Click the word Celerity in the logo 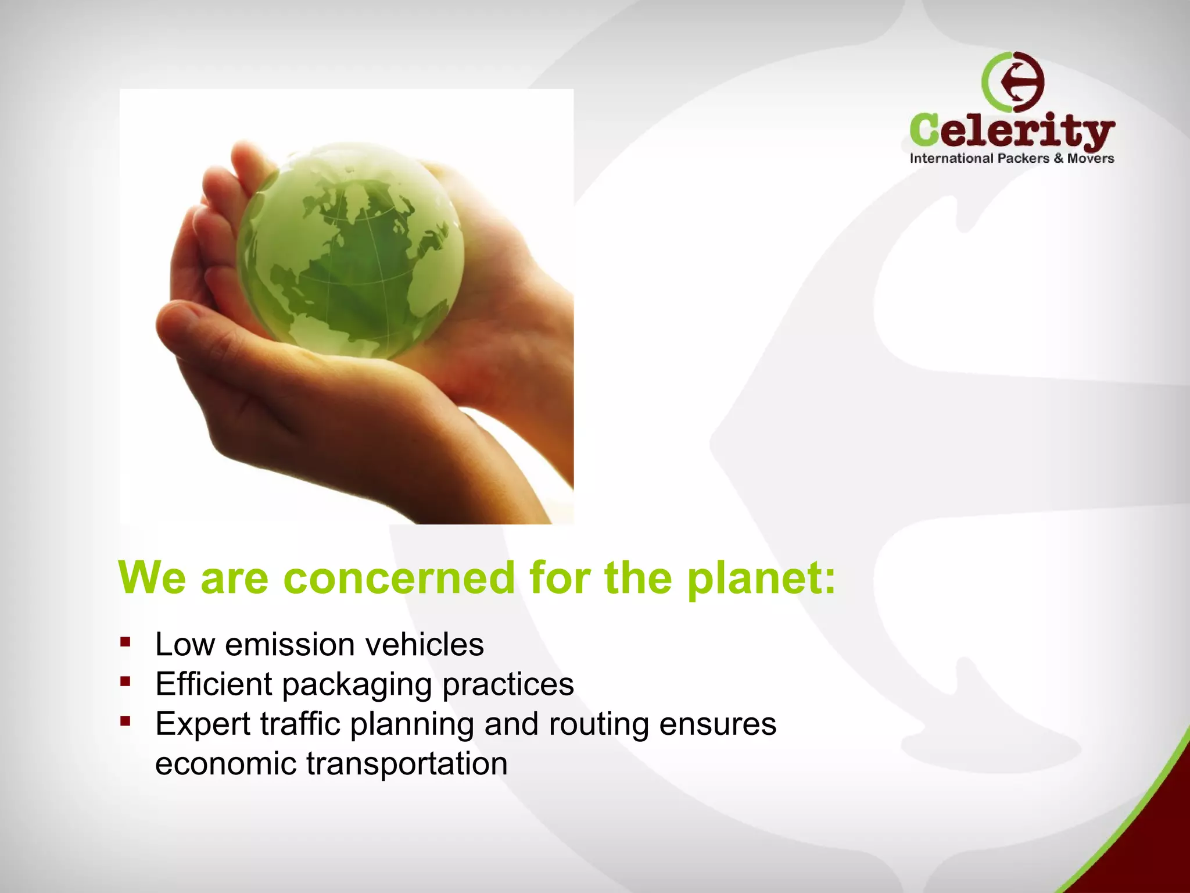click(1012, 130)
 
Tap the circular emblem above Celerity click(1013, 82)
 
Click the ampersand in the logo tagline click(1058, 158)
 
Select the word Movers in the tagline click(1091, 158)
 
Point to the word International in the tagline click(951, 158)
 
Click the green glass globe click(350, 250)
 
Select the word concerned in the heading click(399, 578)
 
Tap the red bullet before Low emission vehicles click(125, 642)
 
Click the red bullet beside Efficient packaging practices click(125, 681)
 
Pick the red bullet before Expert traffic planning click(125, 721)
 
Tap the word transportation click(407, 763)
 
